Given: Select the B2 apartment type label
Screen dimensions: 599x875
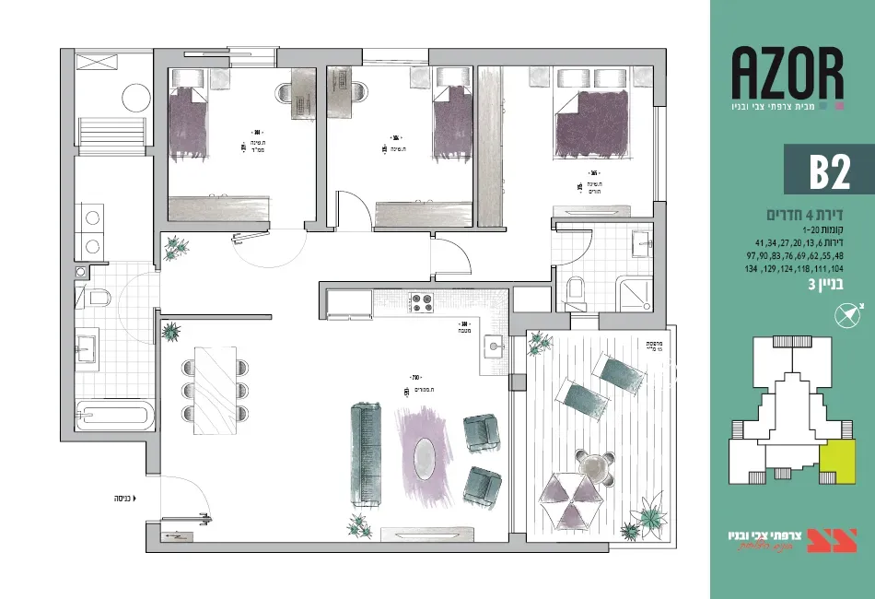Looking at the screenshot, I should coord(828,170).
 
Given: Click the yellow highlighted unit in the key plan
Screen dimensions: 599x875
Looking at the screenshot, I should coord(835,462).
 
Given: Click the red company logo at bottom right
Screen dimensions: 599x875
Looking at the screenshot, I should coord(819,539).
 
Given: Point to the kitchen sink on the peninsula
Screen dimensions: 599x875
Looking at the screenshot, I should coord(495,347).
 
